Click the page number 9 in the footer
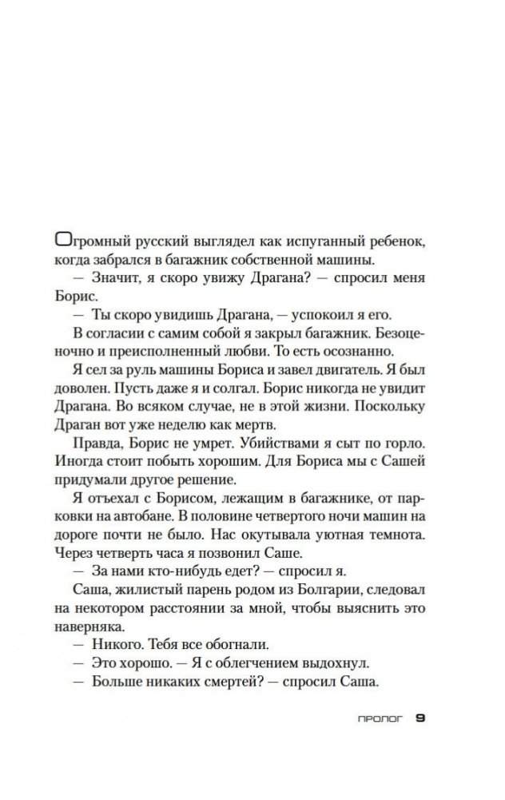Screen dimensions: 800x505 [420, 717]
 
